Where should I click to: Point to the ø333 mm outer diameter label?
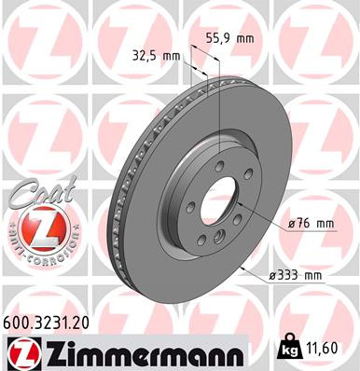tap(298, 275)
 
